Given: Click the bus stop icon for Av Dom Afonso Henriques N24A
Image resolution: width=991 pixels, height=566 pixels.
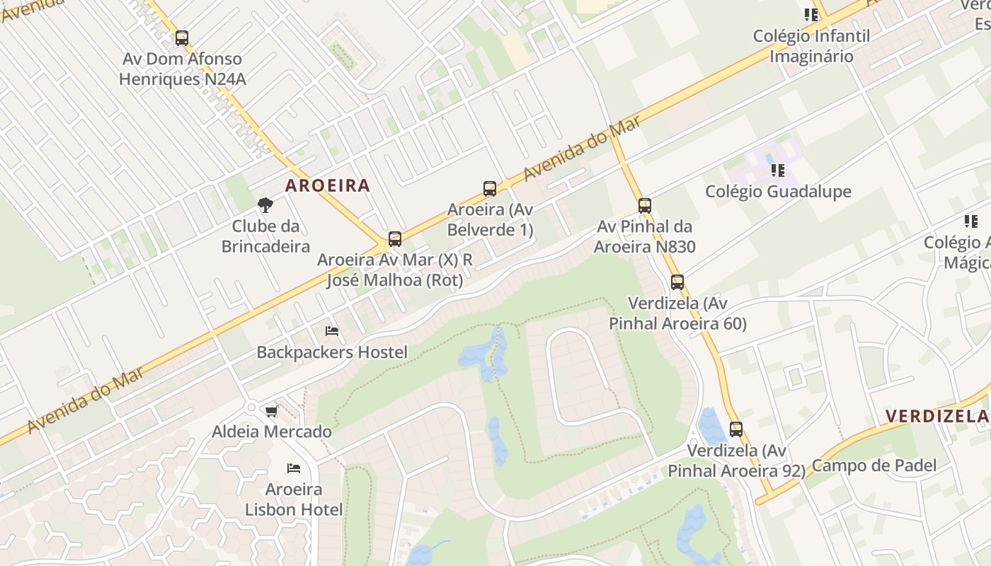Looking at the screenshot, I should (182, 38).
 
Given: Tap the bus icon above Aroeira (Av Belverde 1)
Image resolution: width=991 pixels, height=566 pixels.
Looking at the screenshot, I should (489, 189).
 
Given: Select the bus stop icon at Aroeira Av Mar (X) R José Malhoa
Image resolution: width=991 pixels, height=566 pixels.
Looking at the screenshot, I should (395, 239).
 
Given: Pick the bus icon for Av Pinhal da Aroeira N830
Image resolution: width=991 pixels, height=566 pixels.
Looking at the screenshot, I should (644, 206).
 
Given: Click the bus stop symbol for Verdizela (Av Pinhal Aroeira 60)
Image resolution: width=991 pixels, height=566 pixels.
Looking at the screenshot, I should (677, 282).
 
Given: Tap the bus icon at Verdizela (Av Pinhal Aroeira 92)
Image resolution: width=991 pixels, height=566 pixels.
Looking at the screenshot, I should (735, 429).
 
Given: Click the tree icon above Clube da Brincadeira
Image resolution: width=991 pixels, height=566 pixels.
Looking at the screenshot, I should (265, 205).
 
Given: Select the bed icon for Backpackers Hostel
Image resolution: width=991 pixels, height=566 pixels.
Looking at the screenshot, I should (331, 331).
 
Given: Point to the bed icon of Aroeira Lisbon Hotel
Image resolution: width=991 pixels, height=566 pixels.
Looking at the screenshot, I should (294, 468).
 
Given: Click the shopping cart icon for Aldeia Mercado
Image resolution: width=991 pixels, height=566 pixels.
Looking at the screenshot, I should (271, 411).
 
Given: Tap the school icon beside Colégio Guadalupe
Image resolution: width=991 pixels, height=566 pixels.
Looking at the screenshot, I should (777, 171).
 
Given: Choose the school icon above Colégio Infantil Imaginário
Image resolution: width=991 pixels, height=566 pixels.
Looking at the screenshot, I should (810, 15).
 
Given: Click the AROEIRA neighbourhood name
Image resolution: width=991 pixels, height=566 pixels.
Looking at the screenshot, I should (327, 186).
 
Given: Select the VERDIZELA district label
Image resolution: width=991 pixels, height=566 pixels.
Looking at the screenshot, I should (937, 416).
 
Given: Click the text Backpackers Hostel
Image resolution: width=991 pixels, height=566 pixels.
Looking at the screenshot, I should (332, 352).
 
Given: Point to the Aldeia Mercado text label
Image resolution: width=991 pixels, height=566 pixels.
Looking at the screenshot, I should (272, 432).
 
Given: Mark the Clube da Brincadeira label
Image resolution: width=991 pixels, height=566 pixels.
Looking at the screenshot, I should (265, 236).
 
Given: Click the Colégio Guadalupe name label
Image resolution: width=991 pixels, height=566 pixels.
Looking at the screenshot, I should (778, 192).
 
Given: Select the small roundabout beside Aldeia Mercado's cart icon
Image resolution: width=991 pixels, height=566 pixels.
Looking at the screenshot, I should (251, 408).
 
